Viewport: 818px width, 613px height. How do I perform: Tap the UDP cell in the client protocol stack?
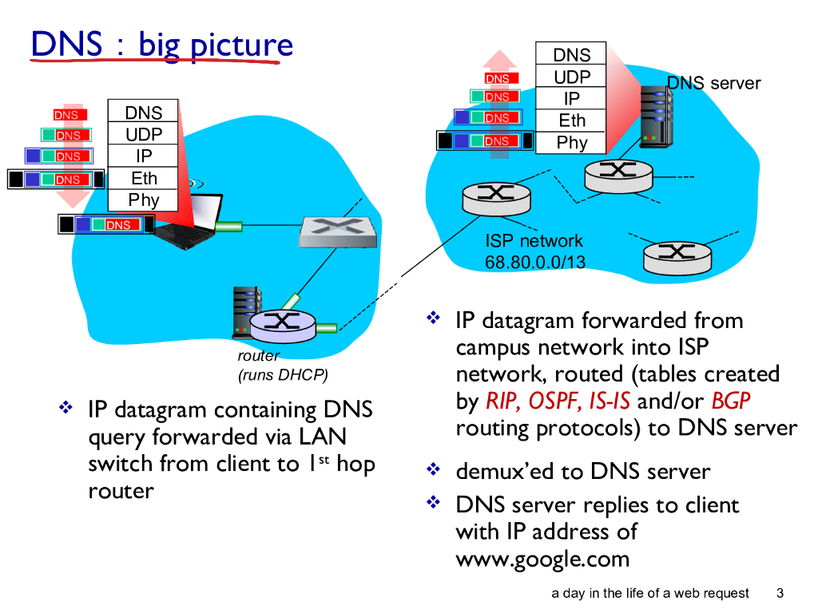(x=144, y=134)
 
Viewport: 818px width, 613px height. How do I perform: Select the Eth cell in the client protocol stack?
(x=144, y=178)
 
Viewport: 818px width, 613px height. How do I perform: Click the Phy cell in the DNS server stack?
(x=572, y=143)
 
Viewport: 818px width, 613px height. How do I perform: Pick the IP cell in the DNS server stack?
(x=572, y=99)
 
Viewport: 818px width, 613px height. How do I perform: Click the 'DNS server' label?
(x=714, y=83)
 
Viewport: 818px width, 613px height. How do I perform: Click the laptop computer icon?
(x=192, y=219)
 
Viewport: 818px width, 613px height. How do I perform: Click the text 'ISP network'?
(x=534, y=241)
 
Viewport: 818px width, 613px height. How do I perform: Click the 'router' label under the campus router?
(x=258, y=356)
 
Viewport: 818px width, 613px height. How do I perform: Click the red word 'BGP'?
(x=731, y=401)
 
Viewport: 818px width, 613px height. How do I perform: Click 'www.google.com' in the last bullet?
(x=542, y=558)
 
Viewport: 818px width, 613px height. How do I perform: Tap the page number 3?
(x=780, y=593)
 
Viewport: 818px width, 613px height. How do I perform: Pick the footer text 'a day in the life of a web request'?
(x=650, y=593)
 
